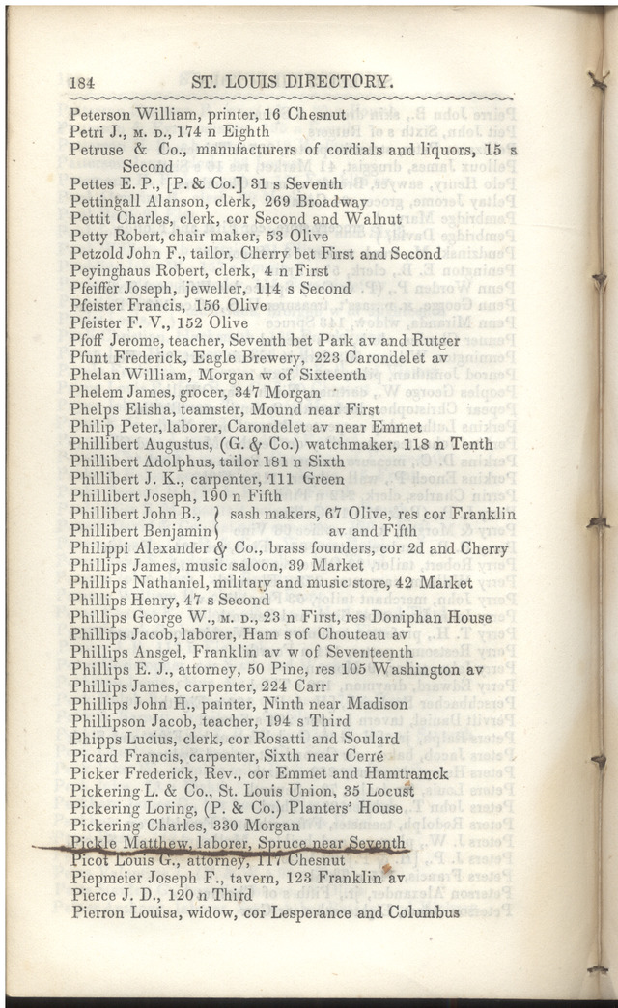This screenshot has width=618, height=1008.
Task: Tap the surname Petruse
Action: [97, 150]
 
